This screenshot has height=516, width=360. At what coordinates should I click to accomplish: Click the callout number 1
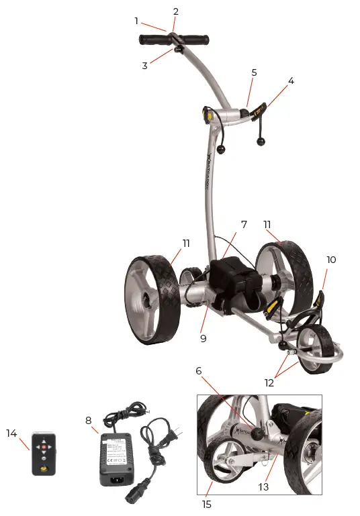(136, 21)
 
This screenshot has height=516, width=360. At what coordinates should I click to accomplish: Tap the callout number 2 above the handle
(175, 11)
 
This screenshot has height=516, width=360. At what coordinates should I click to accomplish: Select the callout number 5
(254, 72)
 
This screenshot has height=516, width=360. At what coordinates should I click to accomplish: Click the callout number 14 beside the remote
(11, 433)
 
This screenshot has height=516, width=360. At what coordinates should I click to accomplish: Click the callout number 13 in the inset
(263, 486)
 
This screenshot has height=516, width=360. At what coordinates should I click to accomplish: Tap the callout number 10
(330, 260)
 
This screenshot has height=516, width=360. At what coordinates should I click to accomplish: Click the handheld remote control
(45, 454)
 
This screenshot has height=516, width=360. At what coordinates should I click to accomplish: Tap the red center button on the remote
(45, 446)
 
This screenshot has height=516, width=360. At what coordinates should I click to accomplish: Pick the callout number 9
(203, 338)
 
